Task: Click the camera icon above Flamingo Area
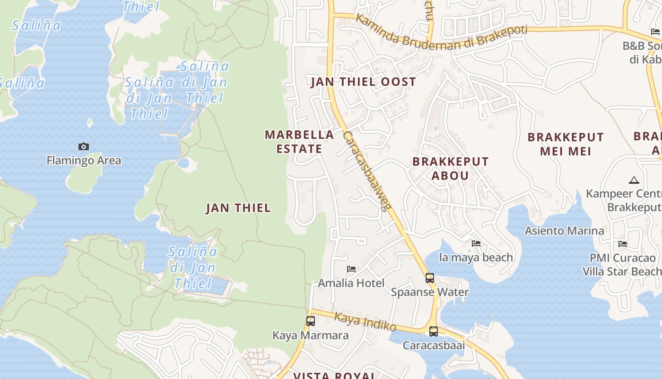click(x=84, y=146)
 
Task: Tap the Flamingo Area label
click(x=84, y=161)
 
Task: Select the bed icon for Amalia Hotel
click(x=351, y=269)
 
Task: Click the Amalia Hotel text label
click(x=351, y=283)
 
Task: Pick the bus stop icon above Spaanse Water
click(x=429, y=278)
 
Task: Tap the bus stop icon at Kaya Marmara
click(x=310, y=321)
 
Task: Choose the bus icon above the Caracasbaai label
click(x=433, y=331)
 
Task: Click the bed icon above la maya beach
click(x=476, y=244)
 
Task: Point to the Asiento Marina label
click(x=564, y=231)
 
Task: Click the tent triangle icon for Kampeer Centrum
click(x=634, y=180)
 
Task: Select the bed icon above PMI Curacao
click(x=623, y=244)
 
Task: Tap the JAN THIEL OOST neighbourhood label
click(x=363, y=81)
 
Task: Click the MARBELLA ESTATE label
click(x=299, y=142)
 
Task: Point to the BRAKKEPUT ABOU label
click(x=450, y=168)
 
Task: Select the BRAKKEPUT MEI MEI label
click(x=566, y=144)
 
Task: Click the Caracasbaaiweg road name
click(x=367, y=171)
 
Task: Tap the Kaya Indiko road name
click(x=365, y=322)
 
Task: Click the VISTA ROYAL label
click(x=334, y=376)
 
